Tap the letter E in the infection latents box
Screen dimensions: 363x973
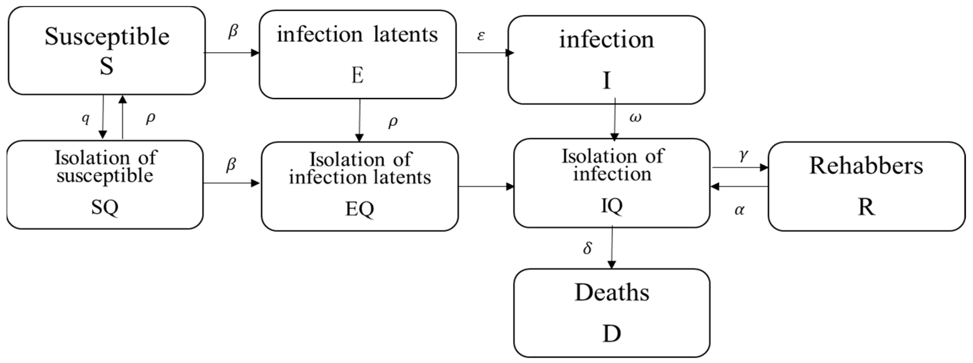tap(357, 76)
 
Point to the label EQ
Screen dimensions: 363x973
tap(360, 209)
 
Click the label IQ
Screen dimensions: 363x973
tap(611, 206)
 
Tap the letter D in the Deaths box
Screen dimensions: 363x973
tap(611, 334)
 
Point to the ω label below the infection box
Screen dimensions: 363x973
tap(635, 118)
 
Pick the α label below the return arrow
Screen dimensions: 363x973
tap(740, 210)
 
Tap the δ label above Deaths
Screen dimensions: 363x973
tap(587, 248)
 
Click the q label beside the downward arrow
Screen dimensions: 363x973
tap(86, 118)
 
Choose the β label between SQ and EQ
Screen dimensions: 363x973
tap(231, 165)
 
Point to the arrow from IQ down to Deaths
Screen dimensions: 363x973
tap(611, 247)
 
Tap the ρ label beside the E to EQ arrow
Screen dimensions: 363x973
tap(393, 122)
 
